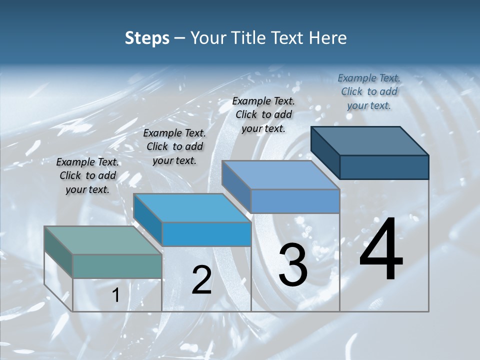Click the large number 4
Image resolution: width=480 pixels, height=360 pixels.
coord(381,250)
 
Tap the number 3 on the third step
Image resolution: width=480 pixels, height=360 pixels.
coord(293,265)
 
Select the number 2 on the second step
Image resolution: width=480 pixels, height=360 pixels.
coord(202,280)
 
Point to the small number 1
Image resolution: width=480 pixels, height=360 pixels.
coord(116,295)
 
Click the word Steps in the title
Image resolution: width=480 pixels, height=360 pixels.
coord(147,38)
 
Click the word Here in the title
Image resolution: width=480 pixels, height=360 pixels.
coord(328,38)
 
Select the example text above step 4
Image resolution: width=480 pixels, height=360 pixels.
coord(369,91)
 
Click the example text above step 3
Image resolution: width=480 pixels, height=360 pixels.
coord(263,114)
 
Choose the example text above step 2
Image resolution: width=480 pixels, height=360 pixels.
coord(174,146)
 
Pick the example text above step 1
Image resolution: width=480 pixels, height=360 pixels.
coord(87,175)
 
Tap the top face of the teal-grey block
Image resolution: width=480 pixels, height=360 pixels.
coord(103,240)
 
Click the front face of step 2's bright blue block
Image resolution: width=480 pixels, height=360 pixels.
coord(206,234)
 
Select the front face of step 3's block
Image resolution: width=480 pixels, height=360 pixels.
coord(295,201)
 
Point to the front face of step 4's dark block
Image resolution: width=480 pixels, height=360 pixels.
coord(384,167)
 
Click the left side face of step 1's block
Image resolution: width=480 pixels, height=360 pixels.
coord(58,253)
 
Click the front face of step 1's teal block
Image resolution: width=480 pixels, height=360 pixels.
coord(117,266)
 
